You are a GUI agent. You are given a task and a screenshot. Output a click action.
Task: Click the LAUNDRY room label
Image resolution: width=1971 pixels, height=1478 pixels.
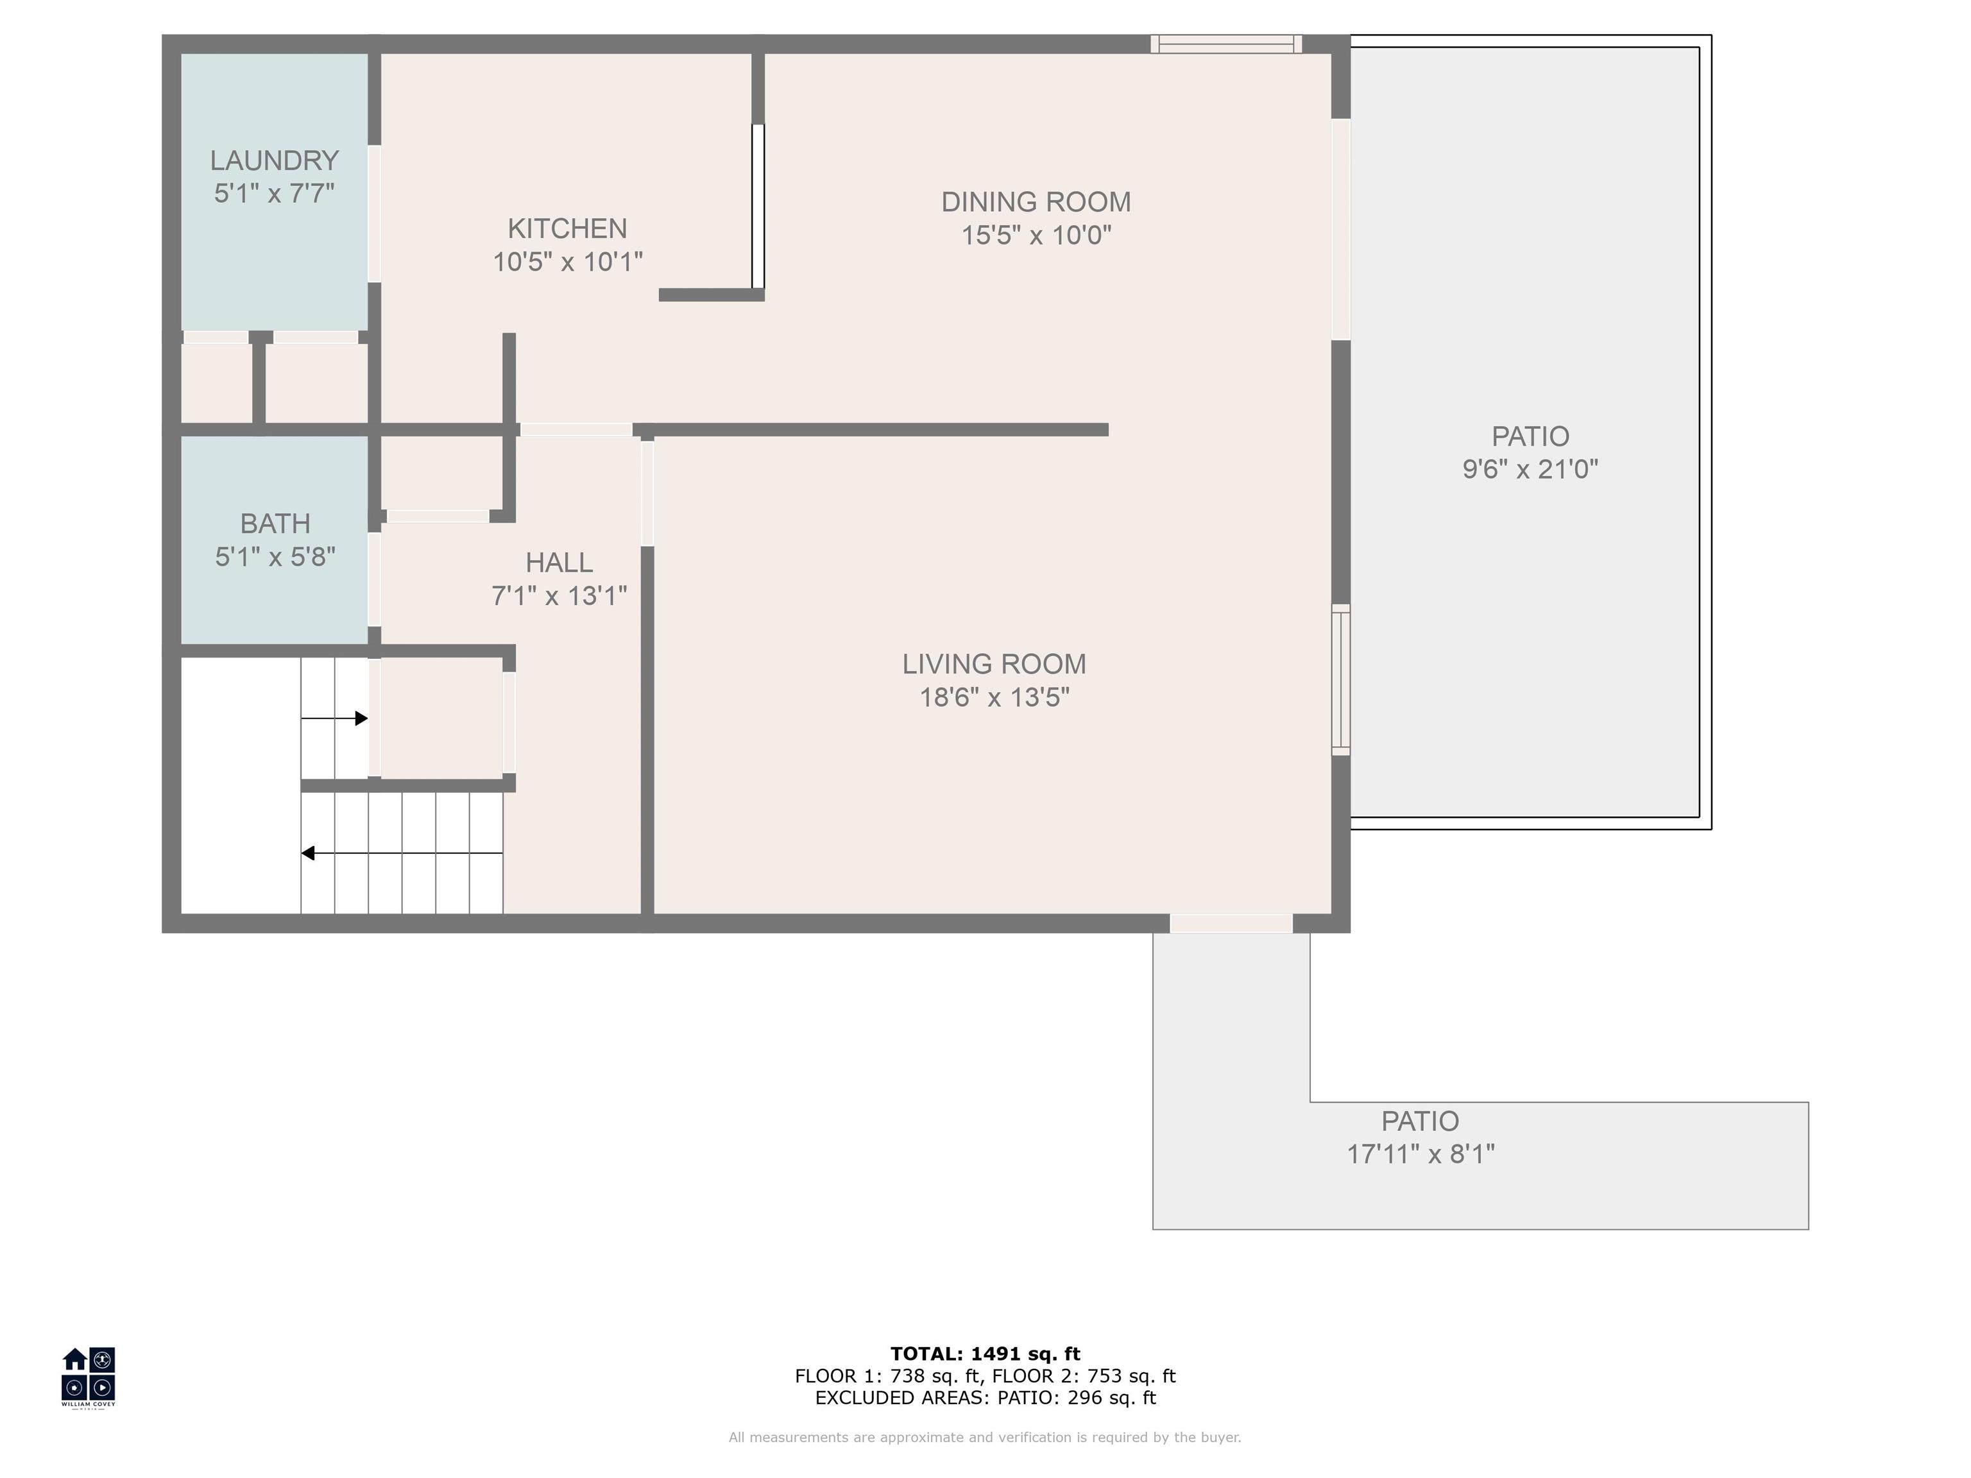pos(275,160)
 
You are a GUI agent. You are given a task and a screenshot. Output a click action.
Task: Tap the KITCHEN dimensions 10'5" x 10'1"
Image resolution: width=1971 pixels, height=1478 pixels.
pos(568,262)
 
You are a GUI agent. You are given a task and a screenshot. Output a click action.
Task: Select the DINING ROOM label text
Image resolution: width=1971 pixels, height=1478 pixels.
pos(1036,202)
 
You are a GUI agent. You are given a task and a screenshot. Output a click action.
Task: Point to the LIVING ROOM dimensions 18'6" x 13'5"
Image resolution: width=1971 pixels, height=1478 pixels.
pos(994,697)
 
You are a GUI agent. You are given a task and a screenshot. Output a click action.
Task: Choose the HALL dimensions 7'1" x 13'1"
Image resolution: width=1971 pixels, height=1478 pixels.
pos(559,595)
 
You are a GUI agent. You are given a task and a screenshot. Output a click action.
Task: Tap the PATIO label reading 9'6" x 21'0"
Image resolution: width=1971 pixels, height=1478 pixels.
pos(1531,469)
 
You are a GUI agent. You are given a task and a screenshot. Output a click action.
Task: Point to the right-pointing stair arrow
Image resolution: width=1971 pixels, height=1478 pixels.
pos(334,718)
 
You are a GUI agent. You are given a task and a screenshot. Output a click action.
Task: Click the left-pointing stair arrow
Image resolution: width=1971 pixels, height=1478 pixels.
pos(402,853)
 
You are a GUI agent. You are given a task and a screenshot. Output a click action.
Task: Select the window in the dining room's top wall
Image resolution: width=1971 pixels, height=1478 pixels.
pos(1226,44)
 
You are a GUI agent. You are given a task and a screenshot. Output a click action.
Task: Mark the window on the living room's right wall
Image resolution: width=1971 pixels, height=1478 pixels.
pos(1341,680)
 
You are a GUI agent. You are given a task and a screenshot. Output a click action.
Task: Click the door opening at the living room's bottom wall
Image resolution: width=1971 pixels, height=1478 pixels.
pos(1231,923)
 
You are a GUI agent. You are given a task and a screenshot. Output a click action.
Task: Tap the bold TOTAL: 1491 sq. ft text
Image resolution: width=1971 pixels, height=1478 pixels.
pos(985,1354)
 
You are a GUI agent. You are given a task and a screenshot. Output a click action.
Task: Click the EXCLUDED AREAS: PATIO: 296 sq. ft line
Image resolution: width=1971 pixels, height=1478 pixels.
pos(985,1398)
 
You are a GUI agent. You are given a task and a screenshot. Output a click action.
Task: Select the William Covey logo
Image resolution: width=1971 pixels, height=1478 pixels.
pos(88,1377)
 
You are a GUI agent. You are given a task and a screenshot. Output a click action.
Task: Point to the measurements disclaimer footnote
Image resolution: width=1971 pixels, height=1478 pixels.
pos(985,1437)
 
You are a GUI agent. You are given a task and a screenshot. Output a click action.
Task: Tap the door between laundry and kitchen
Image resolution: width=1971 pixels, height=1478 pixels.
pos(374,214)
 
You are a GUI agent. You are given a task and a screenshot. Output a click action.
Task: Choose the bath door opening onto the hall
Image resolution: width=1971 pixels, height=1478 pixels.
pos(374,579)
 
